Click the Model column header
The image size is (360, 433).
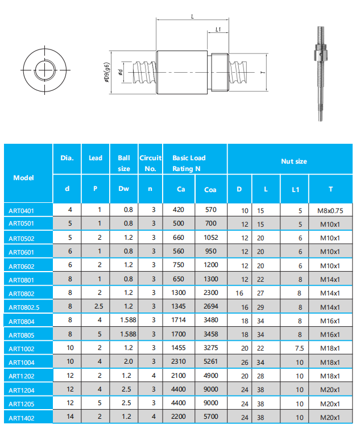pos(23,177)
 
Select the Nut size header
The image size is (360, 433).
pos(293,161)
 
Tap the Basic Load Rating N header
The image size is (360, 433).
pos(189,163)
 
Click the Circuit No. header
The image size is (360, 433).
pos(151,163)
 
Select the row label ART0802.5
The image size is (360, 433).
pos(24,307)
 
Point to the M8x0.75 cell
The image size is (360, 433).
pos(330,210)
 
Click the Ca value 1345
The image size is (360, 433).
pos(179,307)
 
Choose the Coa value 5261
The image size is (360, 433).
pos(210,361)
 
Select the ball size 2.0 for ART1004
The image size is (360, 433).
pos(128,361)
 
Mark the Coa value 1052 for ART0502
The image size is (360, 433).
pos(210,238)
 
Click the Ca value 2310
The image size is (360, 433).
pos(179,361)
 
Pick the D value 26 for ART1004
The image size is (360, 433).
pos(245,362)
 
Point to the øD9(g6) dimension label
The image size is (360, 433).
pos(107,73)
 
